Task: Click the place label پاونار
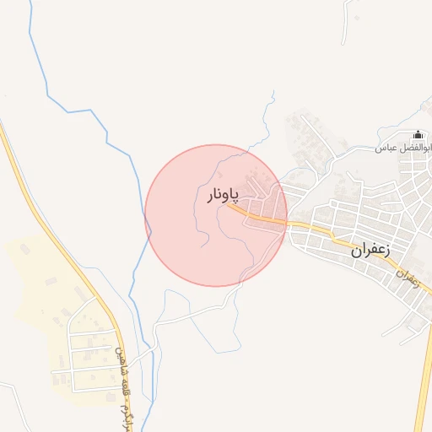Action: click(x=224, y=196)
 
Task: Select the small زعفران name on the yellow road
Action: click(x=406, y=276)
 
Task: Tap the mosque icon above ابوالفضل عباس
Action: click(x=418, y=135)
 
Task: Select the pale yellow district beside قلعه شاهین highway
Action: click(x=42, y=278)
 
